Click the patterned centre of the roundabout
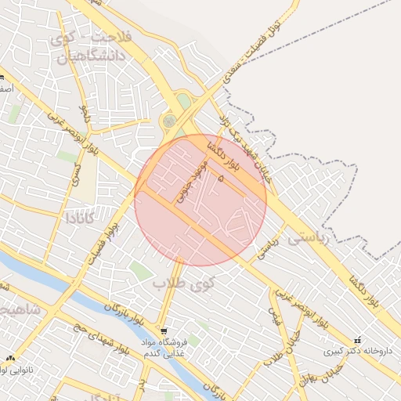pos(169,121)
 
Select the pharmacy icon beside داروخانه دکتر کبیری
pos(357,340)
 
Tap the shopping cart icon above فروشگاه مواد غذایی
pos(163,331)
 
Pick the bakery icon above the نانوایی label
pos(10,358)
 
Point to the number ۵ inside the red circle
pos(221,179)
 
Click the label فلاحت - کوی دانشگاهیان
pos(91,45)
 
